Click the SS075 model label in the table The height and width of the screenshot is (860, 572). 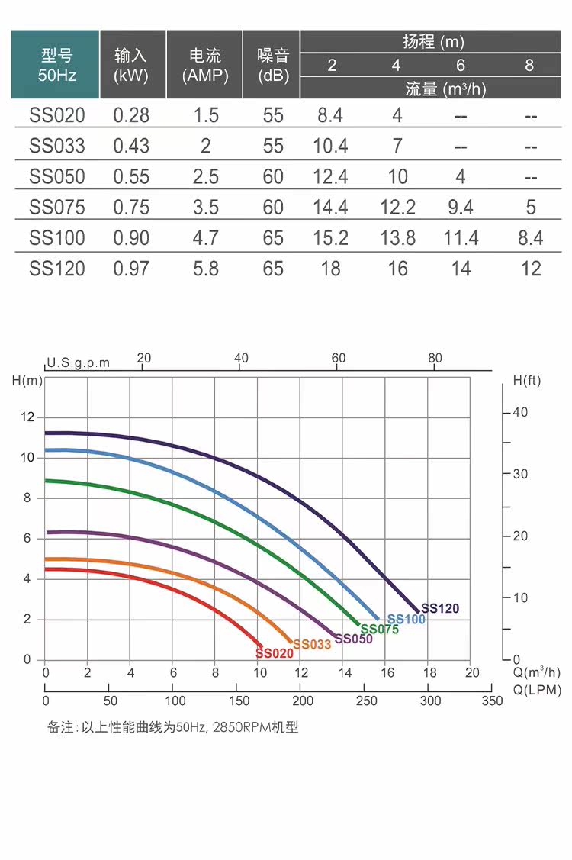click(56, 207)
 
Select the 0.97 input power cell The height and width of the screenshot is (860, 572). click(131, 269)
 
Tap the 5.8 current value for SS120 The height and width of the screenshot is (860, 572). click(206, 269)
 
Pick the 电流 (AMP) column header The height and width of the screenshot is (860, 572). click(205, 65)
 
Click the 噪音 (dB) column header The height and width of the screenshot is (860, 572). click(273, 65)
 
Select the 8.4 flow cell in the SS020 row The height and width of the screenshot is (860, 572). click(330, 115)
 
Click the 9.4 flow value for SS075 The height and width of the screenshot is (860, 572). click(461, 207)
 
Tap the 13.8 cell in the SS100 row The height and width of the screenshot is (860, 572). click(397, 238)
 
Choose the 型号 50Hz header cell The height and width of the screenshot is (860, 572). click(56, 65)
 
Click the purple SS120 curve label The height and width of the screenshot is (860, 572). click(440, 608)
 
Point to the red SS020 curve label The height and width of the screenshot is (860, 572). click(275, 653)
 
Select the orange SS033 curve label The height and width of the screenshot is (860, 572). click(312, 644)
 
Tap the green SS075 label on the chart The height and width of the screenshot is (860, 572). click(379, 630)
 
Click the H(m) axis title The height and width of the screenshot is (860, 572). click(28, 380)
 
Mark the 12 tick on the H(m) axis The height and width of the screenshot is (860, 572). click(28, 417)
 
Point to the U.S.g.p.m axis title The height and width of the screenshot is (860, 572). click(78, 362)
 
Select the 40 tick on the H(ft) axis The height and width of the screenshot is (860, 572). click(520, 412)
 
